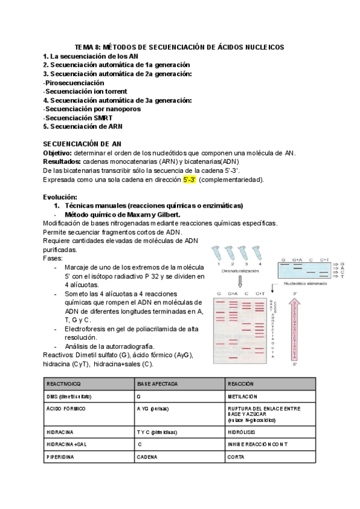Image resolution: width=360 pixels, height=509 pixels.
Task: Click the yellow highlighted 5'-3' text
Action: click(190, 179)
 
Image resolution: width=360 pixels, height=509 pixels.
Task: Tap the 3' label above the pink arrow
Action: click(295, 293)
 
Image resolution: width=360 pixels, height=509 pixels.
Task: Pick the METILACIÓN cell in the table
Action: click(241, 397)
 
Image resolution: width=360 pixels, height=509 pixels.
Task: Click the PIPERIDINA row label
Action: click(61, 457)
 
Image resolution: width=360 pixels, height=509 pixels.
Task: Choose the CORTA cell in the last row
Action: click(235, 457)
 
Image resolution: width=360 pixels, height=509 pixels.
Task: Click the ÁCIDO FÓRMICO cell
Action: click(65, 409)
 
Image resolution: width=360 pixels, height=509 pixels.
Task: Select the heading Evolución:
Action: click(61, 197)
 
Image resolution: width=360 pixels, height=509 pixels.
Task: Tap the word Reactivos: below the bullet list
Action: click(59, 355)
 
